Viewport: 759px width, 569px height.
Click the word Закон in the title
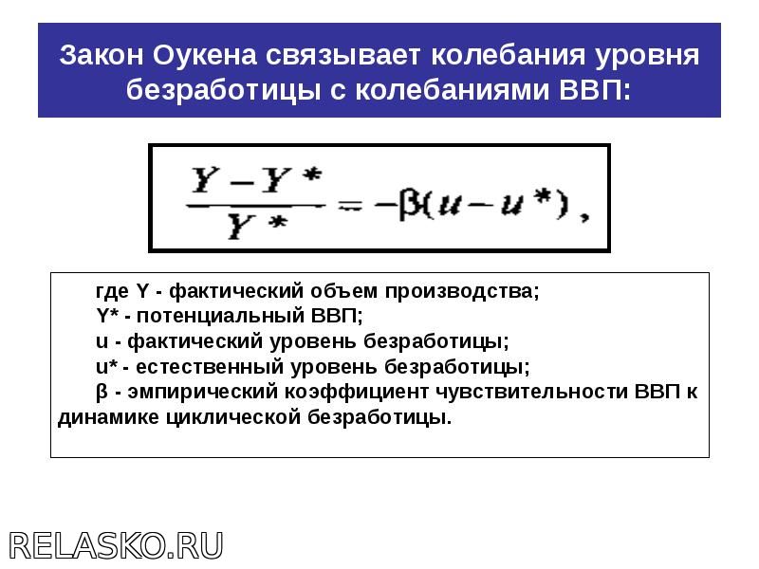pos(102,55)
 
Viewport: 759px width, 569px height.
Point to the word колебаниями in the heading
pos(453,90)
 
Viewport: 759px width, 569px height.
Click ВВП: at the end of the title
pos(596,90)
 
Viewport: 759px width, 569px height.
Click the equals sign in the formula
pos(350,207)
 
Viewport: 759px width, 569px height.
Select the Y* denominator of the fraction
pos(257,227)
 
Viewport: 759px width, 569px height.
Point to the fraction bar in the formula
pos(255,206)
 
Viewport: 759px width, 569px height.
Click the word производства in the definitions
pos(462,291)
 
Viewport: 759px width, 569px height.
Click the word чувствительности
pos(532,392)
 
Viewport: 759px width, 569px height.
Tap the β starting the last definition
pos(102,392)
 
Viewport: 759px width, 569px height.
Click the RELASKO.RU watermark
pos(116,545)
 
